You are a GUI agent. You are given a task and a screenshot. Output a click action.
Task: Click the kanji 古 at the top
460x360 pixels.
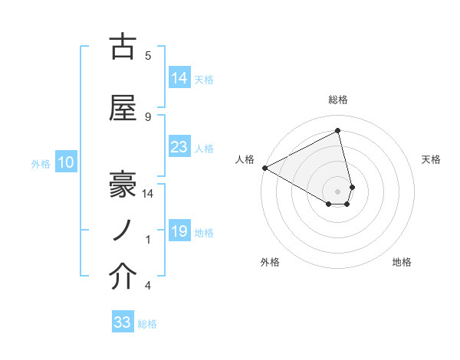click(123, 47)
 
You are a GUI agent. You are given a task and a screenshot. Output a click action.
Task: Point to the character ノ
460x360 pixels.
click(123, 230)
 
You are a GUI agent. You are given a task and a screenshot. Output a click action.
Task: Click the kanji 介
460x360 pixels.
click(123, 277)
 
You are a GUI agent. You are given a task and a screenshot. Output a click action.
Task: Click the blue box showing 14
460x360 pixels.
click(179, 78)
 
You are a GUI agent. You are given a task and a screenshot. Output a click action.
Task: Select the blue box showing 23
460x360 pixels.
click(179, 147)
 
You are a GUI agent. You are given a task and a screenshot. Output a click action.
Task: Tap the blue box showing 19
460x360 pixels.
click(179, 231)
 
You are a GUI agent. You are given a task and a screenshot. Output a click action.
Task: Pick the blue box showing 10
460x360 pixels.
click(65, 162)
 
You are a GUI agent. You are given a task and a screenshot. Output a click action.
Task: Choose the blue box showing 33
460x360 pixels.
click(123, 322)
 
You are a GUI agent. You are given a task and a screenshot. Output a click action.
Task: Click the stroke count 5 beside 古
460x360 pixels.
click(148, 55)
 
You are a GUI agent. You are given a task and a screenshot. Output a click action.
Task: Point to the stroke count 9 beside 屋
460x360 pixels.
click(148, 116)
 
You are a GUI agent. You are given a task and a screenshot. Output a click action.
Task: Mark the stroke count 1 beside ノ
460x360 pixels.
click(148, 240)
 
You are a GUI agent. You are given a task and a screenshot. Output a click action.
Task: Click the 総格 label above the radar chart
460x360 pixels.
click(338, 100)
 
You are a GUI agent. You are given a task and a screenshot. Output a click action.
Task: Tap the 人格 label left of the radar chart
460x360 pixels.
click(245, 159)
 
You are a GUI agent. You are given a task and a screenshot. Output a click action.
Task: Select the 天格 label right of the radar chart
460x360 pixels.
click(432, 159)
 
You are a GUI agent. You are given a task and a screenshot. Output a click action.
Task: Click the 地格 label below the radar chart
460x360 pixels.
click(402, 262)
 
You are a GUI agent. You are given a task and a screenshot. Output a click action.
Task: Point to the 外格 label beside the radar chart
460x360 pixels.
click(270, 262)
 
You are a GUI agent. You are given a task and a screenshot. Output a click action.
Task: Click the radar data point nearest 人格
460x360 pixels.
click(264, 168)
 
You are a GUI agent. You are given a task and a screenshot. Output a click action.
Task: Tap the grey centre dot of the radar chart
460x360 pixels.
click(338, 190)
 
